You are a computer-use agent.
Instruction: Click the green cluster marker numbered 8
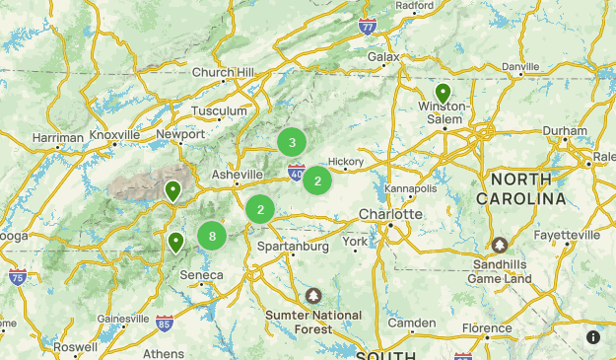(x=212, y=236)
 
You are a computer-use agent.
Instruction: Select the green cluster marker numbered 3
(x=292, y=142)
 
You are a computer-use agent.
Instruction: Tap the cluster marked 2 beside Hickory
(x=317, y=180)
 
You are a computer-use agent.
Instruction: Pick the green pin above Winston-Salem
(x=443, y=93)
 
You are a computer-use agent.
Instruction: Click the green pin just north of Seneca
(x=176, y=241)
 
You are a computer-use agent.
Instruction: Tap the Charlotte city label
(x=390, y=214)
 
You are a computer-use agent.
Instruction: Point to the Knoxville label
(x=114, y=135)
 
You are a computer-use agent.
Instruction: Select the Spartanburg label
(x=293, y=247)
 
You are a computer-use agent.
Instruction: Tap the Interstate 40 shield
(x=297, y=172)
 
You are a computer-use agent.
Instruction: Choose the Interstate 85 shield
(x=164, y=323)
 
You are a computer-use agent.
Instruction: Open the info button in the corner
(x=593, y=337)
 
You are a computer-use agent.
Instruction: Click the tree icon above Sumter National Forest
(x=313, y=295)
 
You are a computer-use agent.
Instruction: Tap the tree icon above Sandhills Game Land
(x=501, y=245)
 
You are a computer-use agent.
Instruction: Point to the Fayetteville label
(x=567, y=236)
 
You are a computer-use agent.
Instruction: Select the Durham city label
(x=565, y=130)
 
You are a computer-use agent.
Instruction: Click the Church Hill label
(x=223, y=72)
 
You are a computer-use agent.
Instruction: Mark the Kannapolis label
(x=411, y=187)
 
